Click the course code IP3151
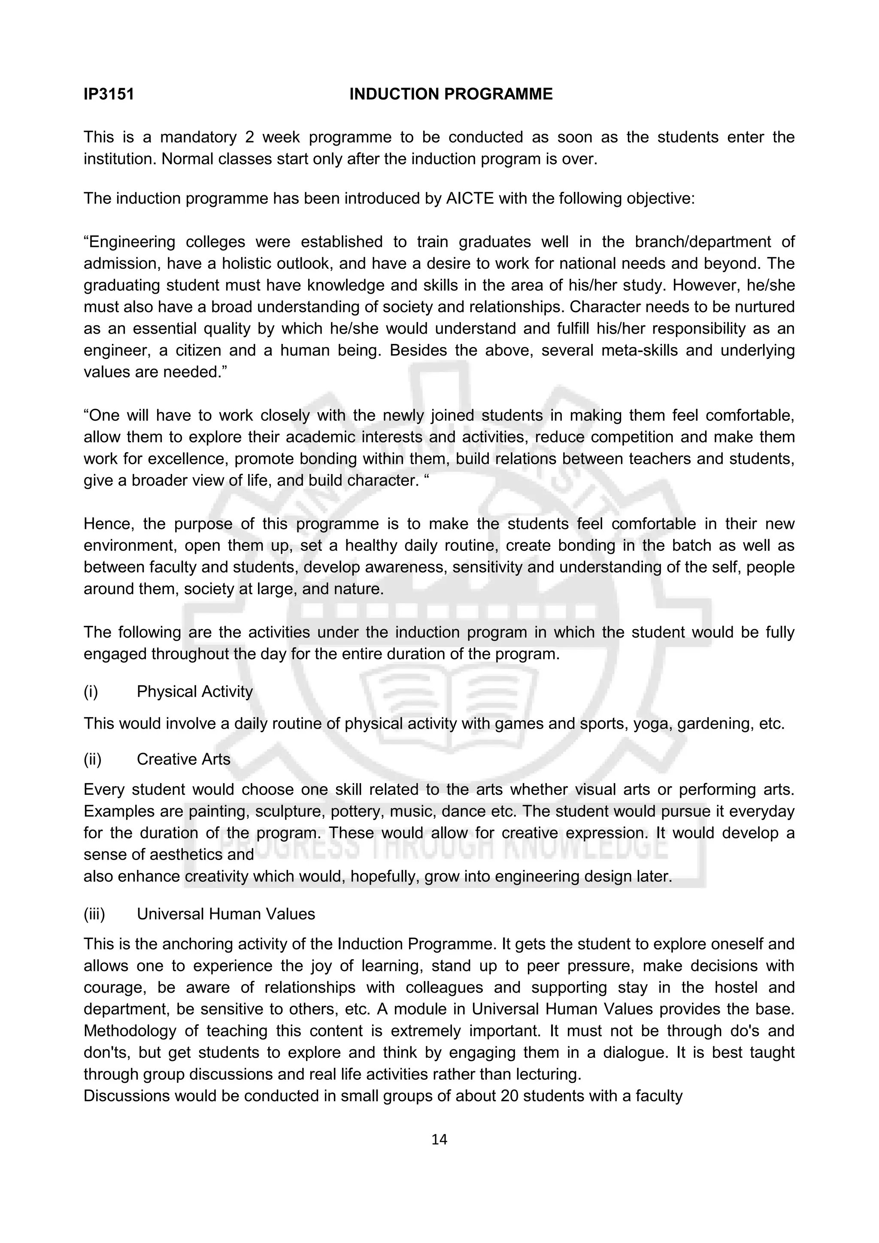[x=109, y=95]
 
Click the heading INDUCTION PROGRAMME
[x=450, y=95]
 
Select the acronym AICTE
[x=470, y=199]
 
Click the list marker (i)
[x=91, y=692]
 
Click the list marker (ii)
[x=93, y=760]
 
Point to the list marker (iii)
[x=94, y=915]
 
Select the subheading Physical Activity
[x=194, y=692]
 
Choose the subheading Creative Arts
[x=184, y=760]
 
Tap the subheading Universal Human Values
[x=226, y=915]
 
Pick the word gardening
[x=712, y=724]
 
